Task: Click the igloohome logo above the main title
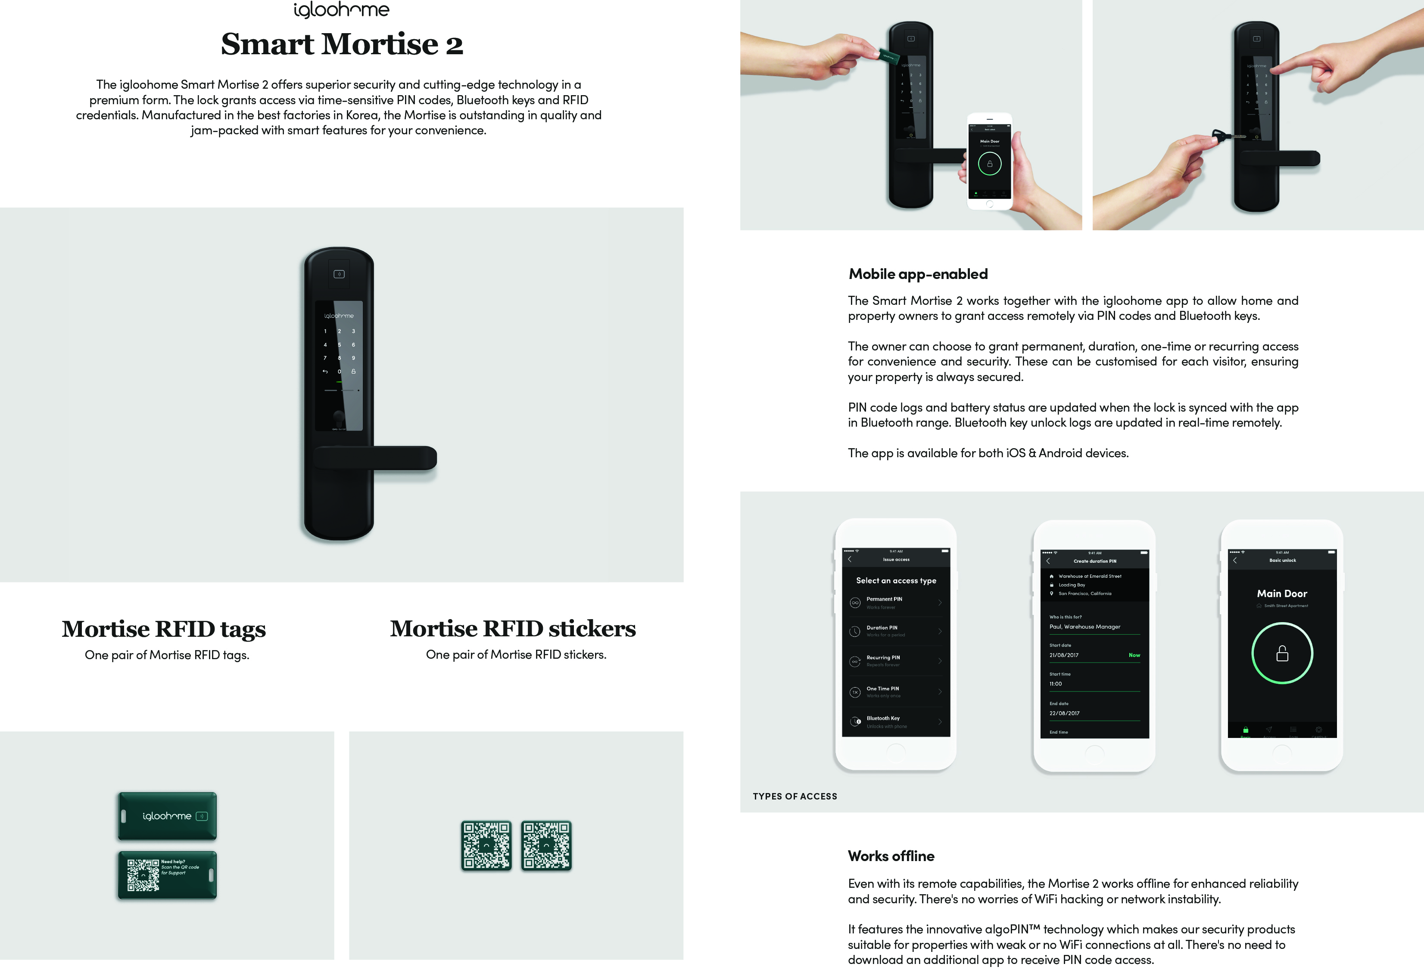click(x=341, y=10)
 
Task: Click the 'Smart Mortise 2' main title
click(x=342, y=44)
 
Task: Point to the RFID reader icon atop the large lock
click(x=339, y=274)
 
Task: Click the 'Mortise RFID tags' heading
click(x=164, y=629)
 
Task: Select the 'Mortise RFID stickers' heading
click(x=513, y=628)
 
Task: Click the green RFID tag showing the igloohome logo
click(x=167, y=816)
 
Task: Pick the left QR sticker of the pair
click(x=486, y=846)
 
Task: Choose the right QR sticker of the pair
click(x=546, y=846)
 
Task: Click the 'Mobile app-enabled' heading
click(x=918, y=274)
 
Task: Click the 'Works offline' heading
click(x=891, y=856)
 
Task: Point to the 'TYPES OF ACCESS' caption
click(x=795, y=796)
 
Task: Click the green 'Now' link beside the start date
click(x=1134, y=655)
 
